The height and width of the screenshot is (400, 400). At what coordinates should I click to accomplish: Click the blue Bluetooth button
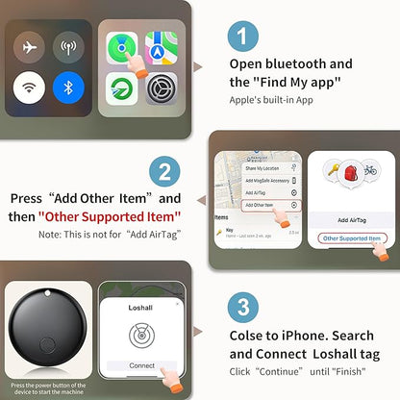pos(69,90)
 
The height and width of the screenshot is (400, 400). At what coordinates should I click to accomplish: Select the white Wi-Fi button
pos(30,90)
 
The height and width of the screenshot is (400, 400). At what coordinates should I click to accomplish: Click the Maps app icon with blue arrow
pos(160,47)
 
